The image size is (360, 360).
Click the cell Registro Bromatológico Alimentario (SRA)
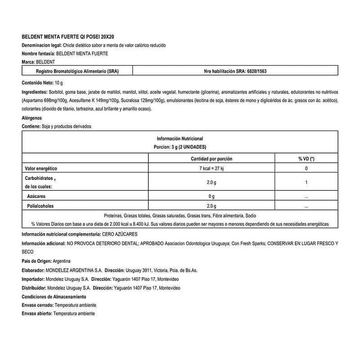coord(77,71)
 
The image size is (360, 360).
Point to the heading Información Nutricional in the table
coord(180,139)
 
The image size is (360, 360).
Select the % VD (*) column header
coord(306,159)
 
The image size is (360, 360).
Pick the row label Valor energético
coord(40,168)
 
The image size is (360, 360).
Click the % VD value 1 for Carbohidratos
coord(306,182)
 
